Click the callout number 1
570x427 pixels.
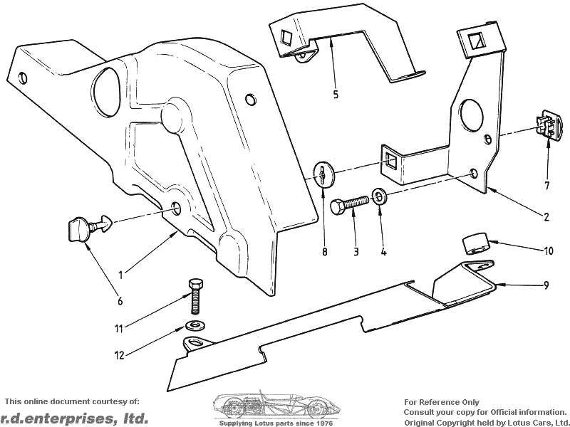(x=120, y=273)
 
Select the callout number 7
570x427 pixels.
(x=546, y=186)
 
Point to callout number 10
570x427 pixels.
(x=548, y=251)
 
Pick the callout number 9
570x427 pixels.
(x=546, y=285)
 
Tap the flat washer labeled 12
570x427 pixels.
(x=193, y=325)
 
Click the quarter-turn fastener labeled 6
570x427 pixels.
(x=83, y=228)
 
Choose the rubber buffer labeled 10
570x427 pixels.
(x=475, y=243)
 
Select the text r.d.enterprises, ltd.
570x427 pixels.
(x=74, y=418)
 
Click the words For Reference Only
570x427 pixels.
(x=442, y=402)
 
